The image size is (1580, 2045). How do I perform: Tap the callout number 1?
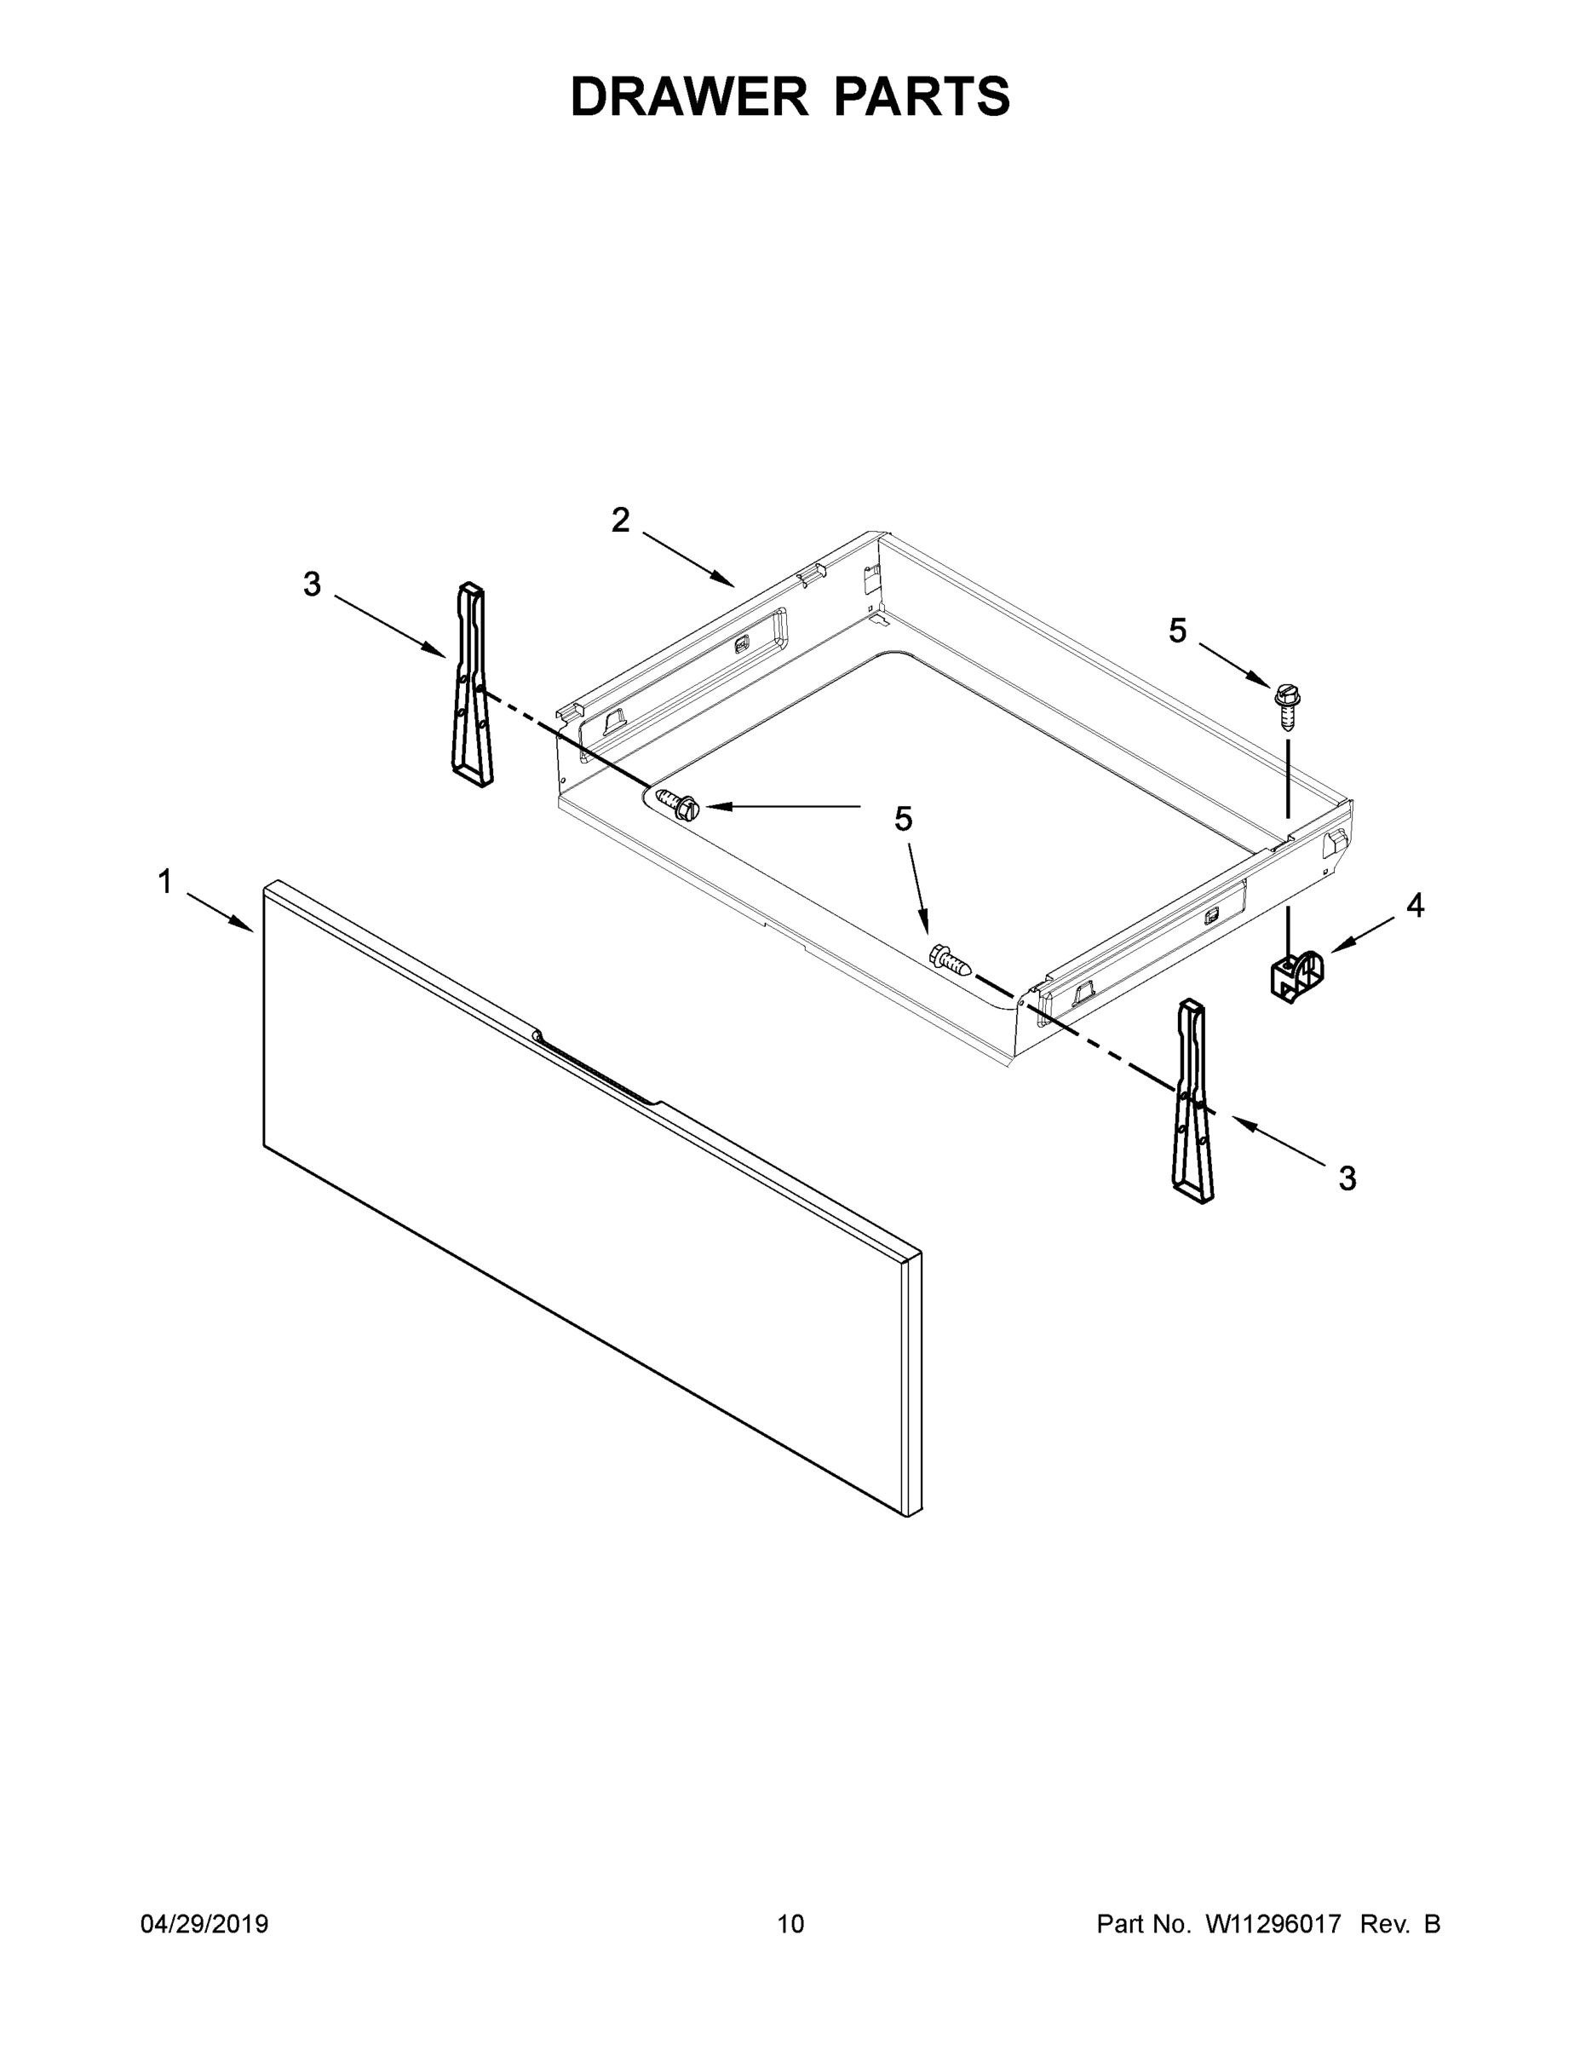(164, 882)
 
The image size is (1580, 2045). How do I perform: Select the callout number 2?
(621, 521)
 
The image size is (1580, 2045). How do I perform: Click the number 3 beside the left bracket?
(312, 585)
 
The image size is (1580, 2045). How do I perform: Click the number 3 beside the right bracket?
(1347, 1179)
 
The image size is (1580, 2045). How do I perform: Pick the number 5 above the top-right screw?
(1177, 631)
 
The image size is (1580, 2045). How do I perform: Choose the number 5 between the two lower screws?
(903, 820)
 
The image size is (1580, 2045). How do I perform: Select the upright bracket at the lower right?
(1192, 1101)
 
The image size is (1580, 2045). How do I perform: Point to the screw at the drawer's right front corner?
(948, 959)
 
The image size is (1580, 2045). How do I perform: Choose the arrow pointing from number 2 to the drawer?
(688, 561)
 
